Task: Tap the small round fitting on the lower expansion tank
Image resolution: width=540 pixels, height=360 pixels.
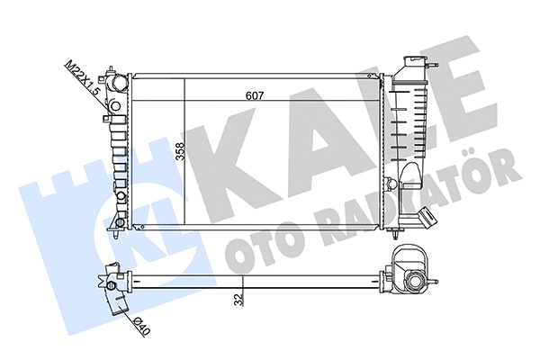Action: tap(390, 183)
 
